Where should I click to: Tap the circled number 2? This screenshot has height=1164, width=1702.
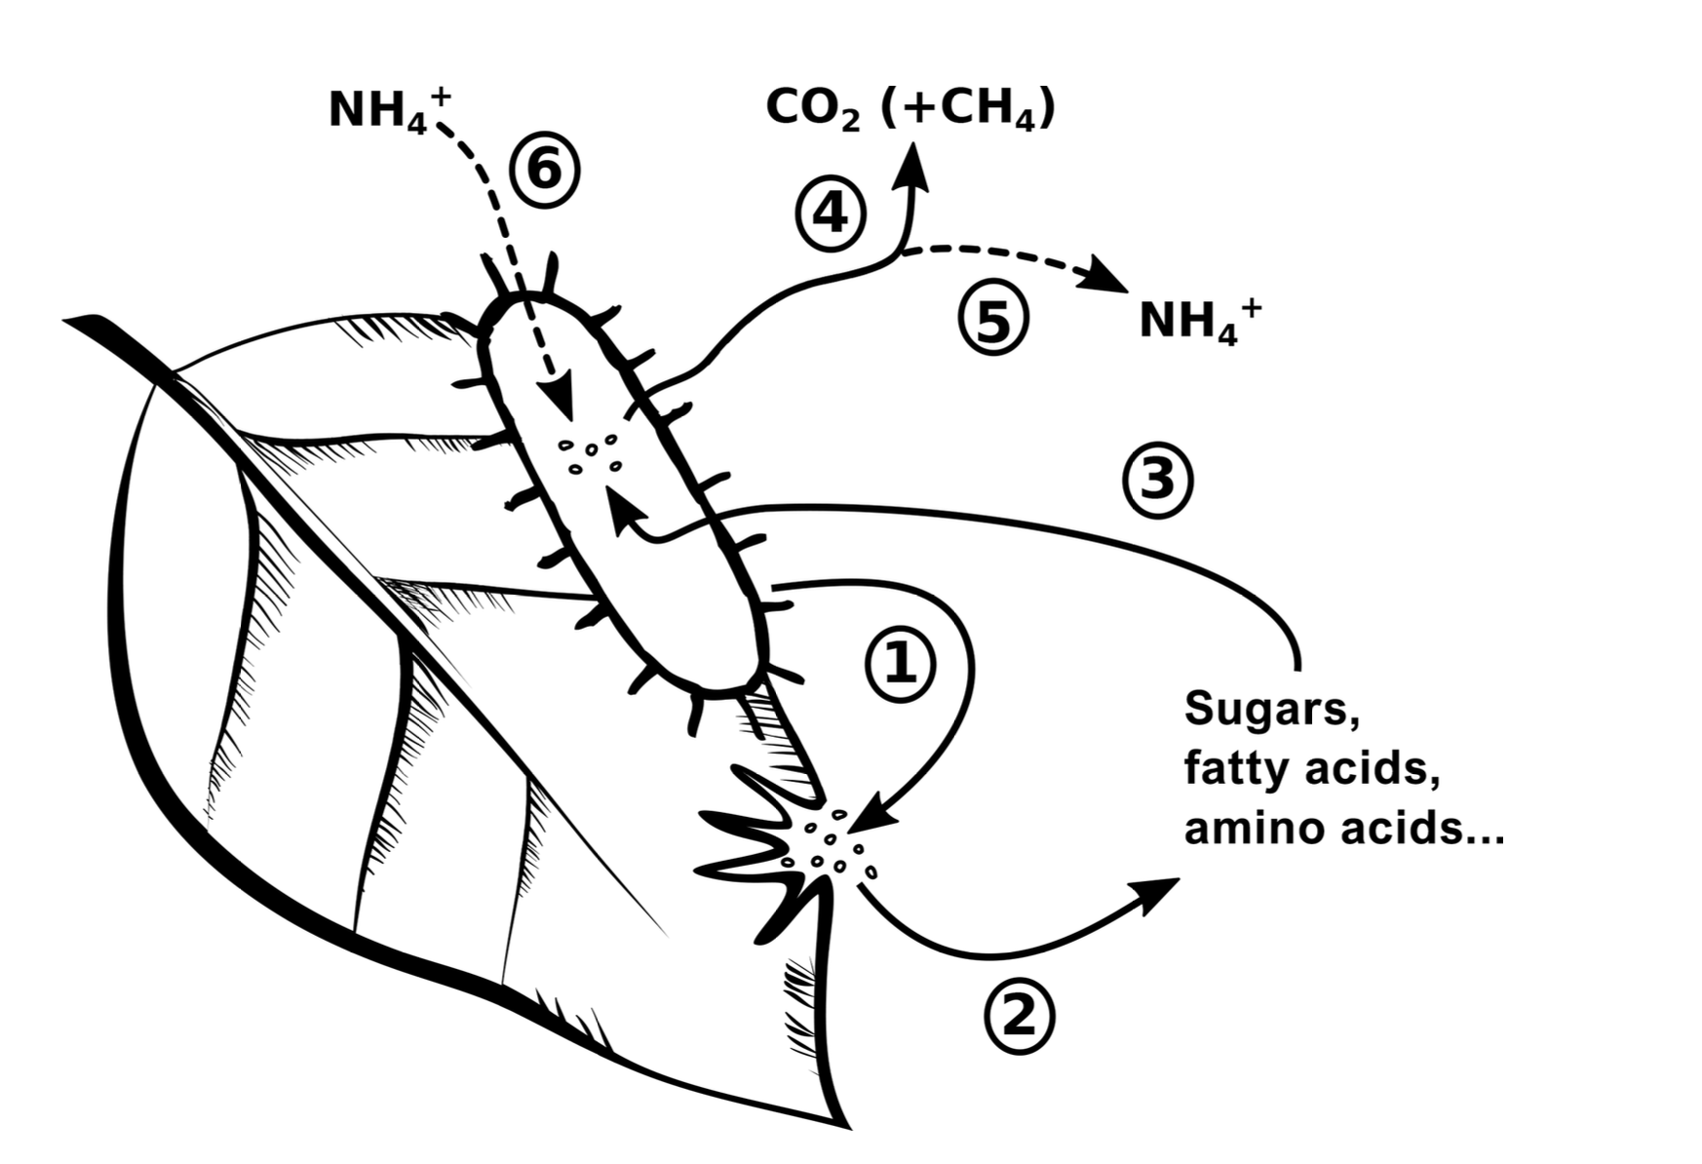pos(1019,1018)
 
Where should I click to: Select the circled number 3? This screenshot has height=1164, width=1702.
pos(1157,481)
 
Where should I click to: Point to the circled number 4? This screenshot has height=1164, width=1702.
pos(830,213)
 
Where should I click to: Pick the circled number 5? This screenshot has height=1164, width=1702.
pos(992,321)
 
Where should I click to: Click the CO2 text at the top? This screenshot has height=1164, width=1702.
pos(813,109)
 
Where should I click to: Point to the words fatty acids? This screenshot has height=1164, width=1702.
pos(1312,768)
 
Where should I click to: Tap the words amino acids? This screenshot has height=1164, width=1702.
pos(1343,829)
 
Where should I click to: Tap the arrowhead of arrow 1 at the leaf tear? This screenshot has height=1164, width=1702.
pos(880,813)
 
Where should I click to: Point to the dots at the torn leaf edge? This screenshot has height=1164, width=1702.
pos(835,844)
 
